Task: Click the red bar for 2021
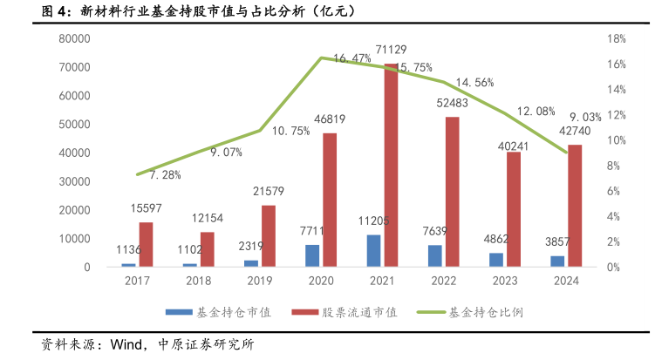[x=391, y=165]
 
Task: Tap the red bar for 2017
[x=145, y=244]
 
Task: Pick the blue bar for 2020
[x=311, y=255]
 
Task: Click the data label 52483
[x=453, y=103]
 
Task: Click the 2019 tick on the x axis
[x=259, y=281]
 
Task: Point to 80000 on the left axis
[x=75, y=39]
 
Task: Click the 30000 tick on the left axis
[x=75, y=181]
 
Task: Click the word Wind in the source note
[x=128, y=344]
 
